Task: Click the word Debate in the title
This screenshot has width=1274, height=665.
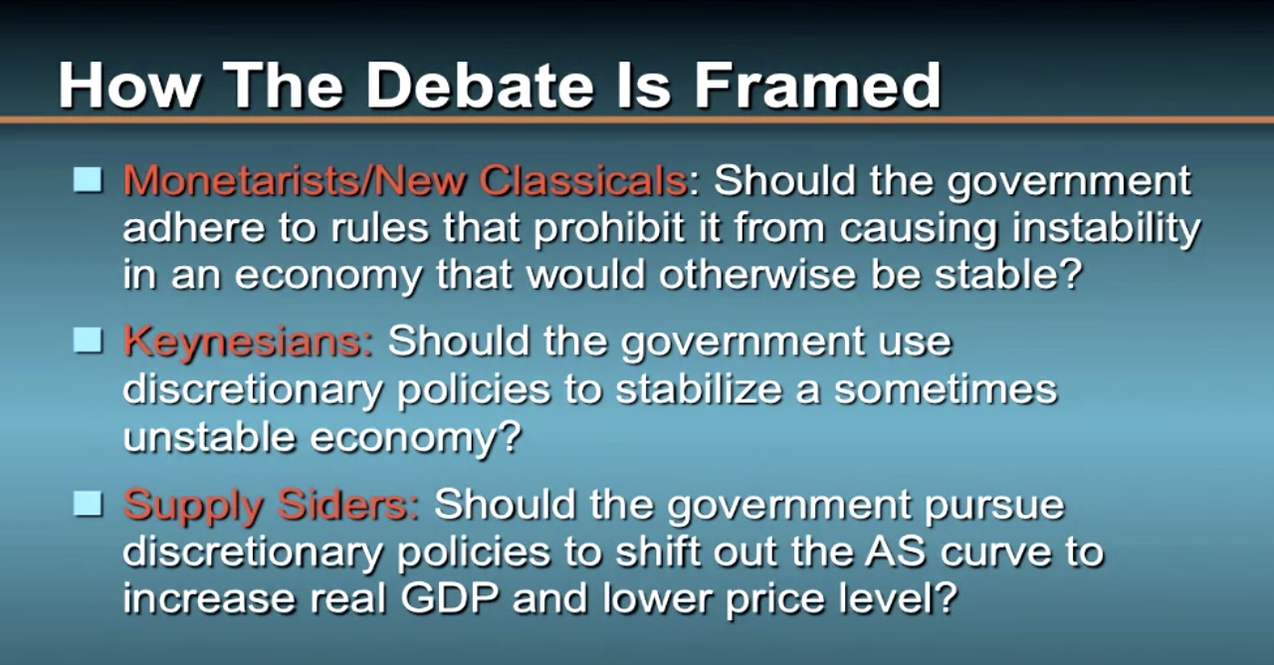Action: click(488, 86)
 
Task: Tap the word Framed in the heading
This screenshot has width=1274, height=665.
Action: click(817, 86)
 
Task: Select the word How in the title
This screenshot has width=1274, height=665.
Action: click(128, 86)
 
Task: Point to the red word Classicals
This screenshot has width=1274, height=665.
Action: click(583, 181)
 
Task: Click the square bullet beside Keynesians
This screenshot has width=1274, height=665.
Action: click(89, 341)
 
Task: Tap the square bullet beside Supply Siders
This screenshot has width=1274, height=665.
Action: click(89, 504)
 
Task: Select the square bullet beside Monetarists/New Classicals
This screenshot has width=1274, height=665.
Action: click(89, 180)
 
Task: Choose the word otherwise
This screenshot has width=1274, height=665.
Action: click(757, 274)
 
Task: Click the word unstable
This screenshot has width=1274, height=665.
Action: click(209, 437)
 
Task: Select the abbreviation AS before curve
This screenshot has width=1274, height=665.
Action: click(895, 551)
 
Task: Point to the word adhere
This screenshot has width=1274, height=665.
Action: click(194, 228)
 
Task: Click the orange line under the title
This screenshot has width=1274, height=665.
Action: click(637, 120)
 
